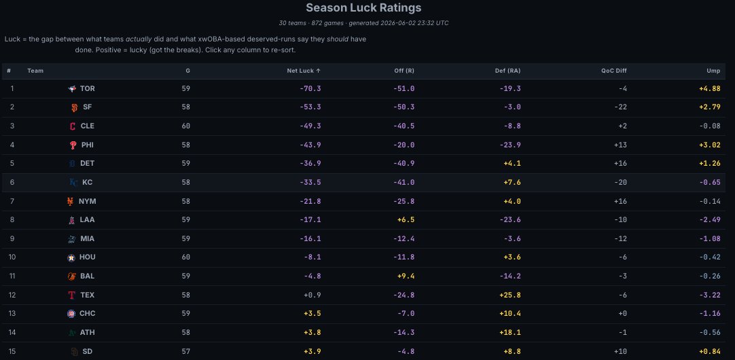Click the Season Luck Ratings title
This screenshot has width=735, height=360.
(x=363, y=8)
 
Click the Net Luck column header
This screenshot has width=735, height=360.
(x=304, y=71)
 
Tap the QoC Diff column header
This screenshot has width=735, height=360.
(x=614, y=71)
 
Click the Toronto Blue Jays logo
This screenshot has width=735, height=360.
(x=72, y=88)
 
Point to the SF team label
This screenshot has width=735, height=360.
(x=87, y=107)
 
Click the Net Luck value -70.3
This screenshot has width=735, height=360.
(x=310, y=88)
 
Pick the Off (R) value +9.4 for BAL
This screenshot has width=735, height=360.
(x=406, y=276)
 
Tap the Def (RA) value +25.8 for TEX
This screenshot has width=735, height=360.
(x=509, y=295)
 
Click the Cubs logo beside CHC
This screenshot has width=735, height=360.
(x=71, y=314)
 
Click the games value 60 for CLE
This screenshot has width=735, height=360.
(x=186, y=126)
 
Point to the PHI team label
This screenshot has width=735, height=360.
(x=87, y=145)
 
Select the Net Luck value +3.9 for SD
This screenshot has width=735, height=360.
(x=312, y=351)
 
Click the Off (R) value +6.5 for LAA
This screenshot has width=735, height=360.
(x=406, y=220)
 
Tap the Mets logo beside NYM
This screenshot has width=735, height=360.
(x=71, y=201)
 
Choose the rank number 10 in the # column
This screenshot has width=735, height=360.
(x=12, y=257)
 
